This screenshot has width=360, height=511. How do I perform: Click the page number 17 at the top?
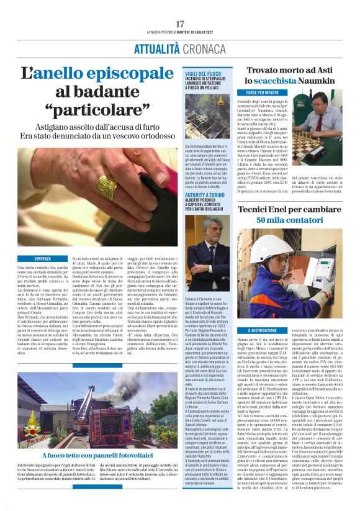(179, 23)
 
